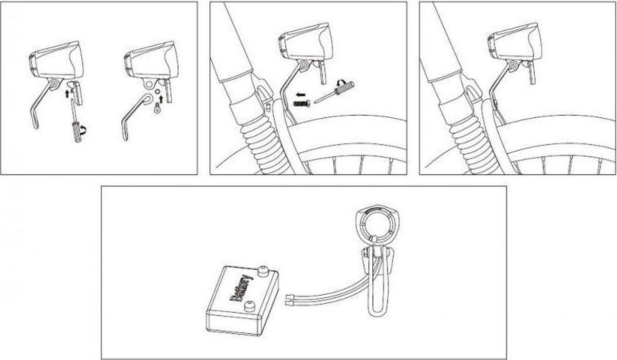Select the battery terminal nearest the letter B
(x=250, y=307)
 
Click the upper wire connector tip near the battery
(x=289, y=297)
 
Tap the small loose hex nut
(x=157, y=91)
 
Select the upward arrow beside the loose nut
(x=161, y=99)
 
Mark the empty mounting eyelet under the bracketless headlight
(x=149, y=83)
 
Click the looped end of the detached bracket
(x=147, y=98)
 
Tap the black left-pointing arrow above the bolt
(x=300, y=95)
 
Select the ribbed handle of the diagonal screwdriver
(x=344, y=87)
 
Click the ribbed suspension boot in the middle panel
(x=264, y=143)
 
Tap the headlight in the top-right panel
(x=515, y=45)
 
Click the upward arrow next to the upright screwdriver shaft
(x=67, y=94)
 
